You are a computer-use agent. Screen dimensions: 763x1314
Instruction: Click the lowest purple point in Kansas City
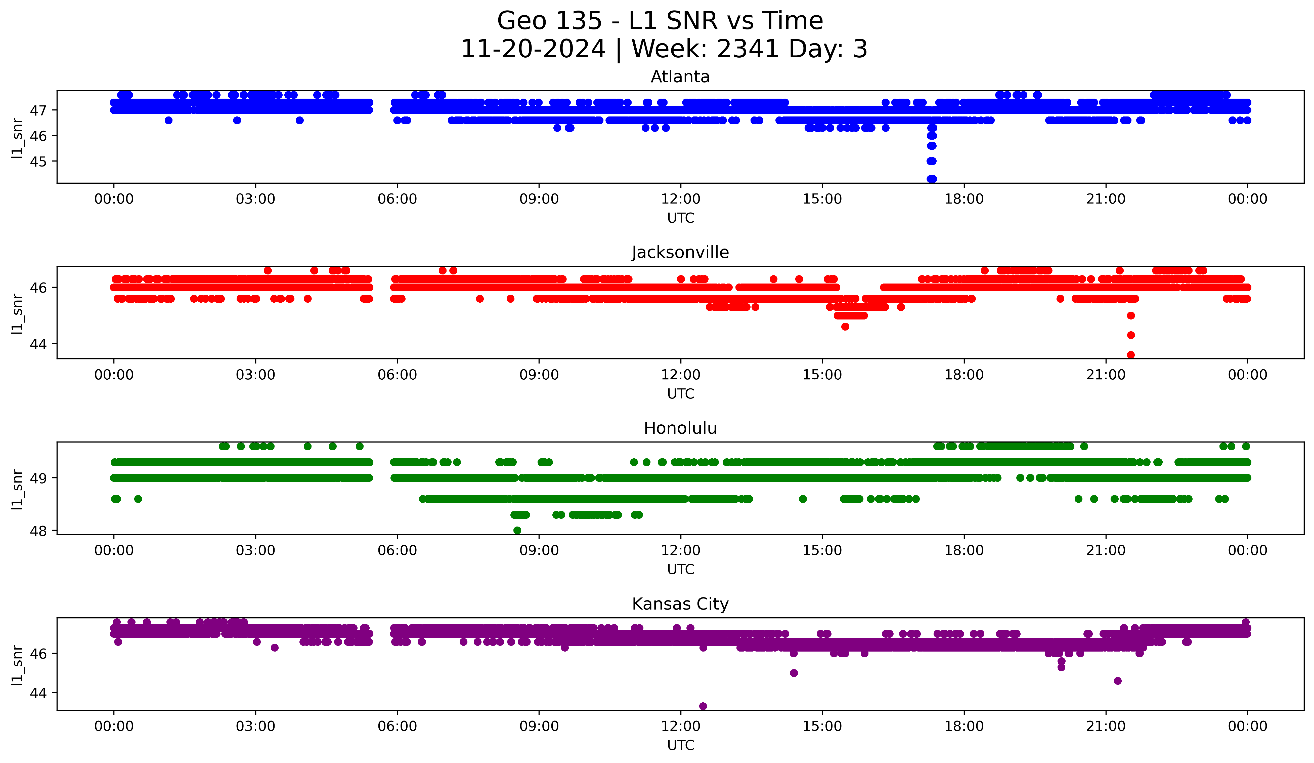coord(703,706)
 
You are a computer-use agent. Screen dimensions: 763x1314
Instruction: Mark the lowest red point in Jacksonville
coord(1130,355)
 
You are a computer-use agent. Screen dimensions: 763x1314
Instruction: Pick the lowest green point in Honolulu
coord(517,530)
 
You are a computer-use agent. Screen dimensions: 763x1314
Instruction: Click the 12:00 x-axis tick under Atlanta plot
coord(680,199)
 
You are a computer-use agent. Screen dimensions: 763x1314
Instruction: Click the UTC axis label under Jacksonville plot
coord(680,394)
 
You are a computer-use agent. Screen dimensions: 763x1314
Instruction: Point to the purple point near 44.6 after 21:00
coord(1117,680)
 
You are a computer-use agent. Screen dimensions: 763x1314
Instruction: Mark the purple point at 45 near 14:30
coord(794,673)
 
